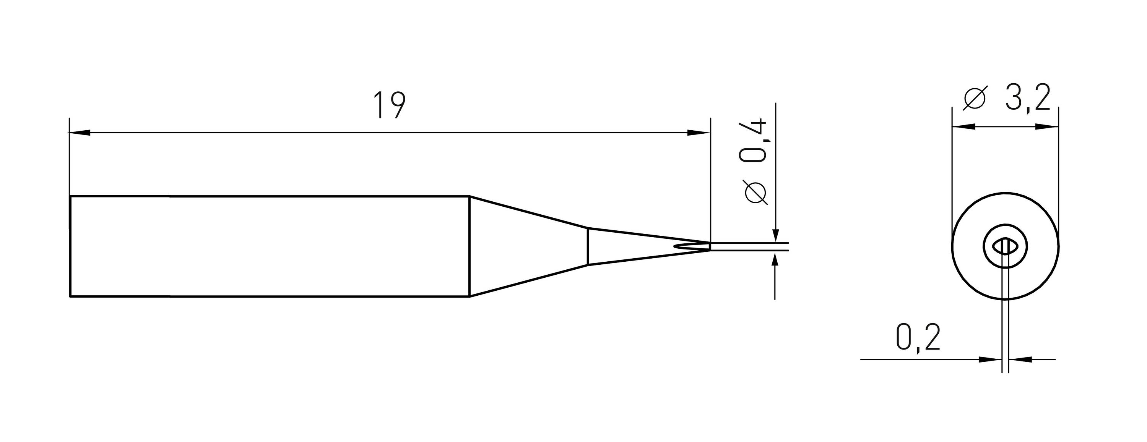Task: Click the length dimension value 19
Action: [389, 106]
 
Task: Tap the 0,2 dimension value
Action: [918, 338]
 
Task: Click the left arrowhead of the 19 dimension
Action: [80, 133]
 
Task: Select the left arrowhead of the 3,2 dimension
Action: [963, 127]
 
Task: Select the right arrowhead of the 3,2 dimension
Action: [1047, 127]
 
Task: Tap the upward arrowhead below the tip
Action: [776, 260]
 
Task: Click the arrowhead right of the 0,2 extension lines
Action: [1019, 359]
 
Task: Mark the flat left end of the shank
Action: [70, 246]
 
